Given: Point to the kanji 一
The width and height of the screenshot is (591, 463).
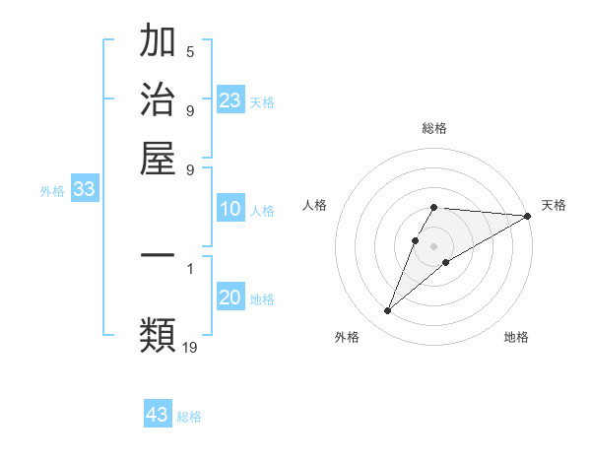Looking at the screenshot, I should [x=158, y=255].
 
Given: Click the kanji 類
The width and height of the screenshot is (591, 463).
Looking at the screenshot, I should [x=158, y=333].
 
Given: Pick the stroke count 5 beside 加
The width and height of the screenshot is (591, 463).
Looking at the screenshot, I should [x=190, y=51].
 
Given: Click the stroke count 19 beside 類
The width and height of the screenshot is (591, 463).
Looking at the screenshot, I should [x=190, y=346].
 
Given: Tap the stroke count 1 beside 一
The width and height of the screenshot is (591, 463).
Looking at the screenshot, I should [x=190, y=267].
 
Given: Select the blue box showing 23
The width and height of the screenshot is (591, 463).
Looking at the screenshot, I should [x=230, y=99].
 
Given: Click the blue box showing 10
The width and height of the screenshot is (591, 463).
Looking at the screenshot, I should [x=230, y=209].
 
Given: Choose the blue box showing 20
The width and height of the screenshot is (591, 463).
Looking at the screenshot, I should [x=230, y=298].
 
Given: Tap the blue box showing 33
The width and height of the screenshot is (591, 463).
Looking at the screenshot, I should [x=84, y=190].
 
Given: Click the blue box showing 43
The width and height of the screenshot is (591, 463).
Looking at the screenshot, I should [x=158, y=415].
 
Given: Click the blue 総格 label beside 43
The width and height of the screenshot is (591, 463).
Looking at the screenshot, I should [x=189, y=417].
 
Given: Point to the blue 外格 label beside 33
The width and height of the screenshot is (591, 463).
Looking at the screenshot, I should [x=51, y=191].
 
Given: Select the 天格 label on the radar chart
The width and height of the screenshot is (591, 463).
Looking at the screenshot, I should [x=554, y=205].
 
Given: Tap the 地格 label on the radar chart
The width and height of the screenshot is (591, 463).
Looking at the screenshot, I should [x=516, y=337].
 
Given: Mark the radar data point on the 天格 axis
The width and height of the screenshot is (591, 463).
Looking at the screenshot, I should [x=528, y=216].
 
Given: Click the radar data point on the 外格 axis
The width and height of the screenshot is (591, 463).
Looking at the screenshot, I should [x=387, y=311].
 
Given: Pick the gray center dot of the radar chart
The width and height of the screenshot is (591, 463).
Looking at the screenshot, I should [x=434, y=245].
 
